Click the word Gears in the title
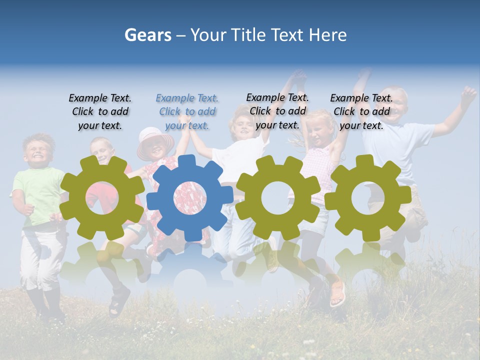pos(147,35)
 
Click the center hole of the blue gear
pos(190,197)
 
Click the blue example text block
pos(187,111)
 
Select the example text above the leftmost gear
pos(100,111)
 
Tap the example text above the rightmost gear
pos(361,111)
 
